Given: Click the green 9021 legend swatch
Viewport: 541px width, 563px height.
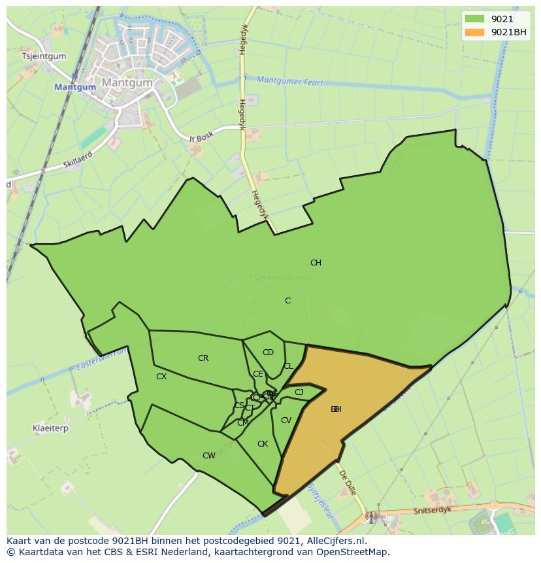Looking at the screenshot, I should tap(475, 19).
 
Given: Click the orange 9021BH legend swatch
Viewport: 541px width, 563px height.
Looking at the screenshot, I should tap(475, 32).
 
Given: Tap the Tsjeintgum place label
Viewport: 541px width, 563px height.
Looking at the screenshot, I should tap(44, 56).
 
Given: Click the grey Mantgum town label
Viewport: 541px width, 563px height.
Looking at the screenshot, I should tap(127, 83).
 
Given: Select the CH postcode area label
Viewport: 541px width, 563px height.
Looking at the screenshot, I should tap(316, 263).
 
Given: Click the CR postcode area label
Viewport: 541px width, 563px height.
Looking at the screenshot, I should tap(203, 358).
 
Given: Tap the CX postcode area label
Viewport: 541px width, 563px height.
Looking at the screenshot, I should tap(161, 377).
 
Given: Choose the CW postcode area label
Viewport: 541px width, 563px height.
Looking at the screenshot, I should tap(208, 456).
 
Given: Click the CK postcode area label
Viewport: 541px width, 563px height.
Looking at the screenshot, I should tap(262, 444).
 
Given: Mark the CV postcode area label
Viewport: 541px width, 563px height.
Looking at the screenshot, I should tap(286, 420).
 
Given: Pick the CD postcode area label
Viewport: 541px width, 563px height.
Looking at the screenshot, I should tap(268, 352).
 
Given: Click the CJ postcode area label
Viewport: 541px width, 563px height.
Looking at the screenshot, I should tap(299, 392).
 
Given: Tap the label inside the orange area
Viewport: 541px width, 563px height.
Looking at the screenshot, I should tap(336, 409).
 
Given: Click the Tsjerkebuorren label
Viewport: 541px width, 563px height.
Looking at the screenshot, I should tap(279, 278).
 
